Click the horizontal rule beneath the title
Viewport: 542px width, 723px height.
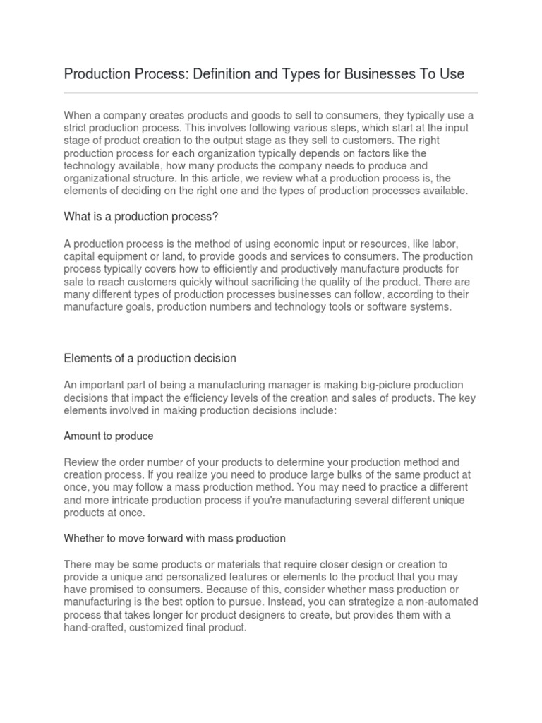[x=271, y=92]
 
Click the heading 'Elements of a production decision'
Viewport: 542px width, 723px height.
[x=150, y=358]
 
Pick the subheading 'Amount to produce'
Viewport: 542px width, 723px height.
[x=109, y=436]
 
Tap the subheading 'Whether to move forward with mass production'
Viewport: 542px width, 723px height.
[x=174, y=538]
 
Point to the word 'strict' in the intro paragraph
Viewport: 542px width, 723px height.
[x=77, y=127]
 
